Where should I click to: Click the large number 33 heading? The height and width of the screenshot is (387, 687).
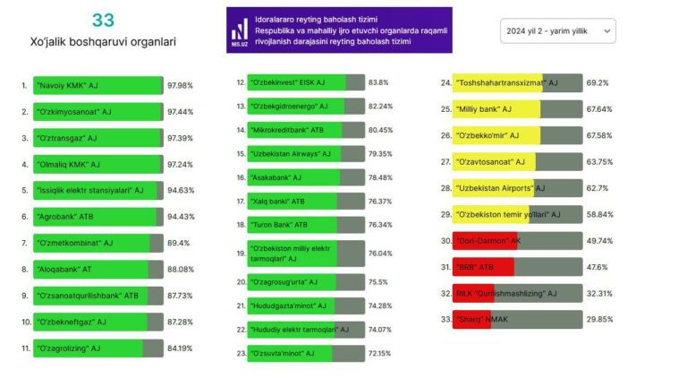103,21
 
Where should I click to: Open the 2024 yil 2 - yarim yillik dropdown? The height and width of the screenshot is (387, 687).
557,30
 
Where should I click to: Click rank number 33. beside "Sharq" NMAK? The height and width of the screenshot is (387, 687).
445,319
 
